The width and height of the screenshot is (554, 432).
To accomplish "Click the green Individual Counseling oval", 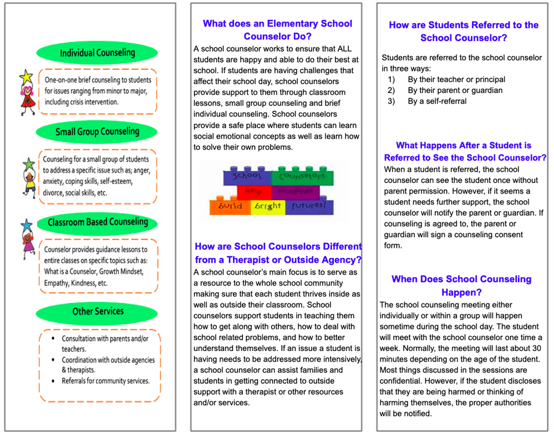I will (97, 53).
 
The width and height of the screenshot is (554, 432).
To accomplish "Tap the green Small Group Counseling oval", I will (97, 132).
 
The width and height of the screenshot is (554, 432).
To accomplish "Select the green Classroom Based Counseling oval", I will (98, 222).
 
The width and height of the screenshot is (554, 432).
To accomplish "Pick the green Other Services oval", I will (98, 312).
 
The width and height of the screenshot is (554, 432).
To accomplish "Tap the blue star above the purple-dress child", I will (26, 225).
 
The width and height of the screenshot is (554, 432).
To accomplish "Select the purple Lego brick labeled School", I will (246, 177).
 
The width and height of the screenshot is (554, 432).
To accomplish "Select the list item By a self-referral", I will (437, 101).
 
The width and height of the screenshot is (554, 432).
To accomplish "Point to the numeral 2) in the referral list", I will (391, 90).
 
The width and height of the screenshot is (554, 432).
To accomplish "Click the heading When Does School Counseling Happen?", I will (461, 286).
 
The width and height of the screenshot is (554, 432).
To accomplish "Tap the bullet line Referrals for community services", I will (105, 381).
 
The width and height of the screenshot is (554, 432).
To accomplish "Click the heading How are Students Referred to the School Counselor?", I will (464, 32).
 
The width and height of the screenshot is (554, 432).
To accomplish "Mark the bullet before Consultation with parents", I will (52, 338).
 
